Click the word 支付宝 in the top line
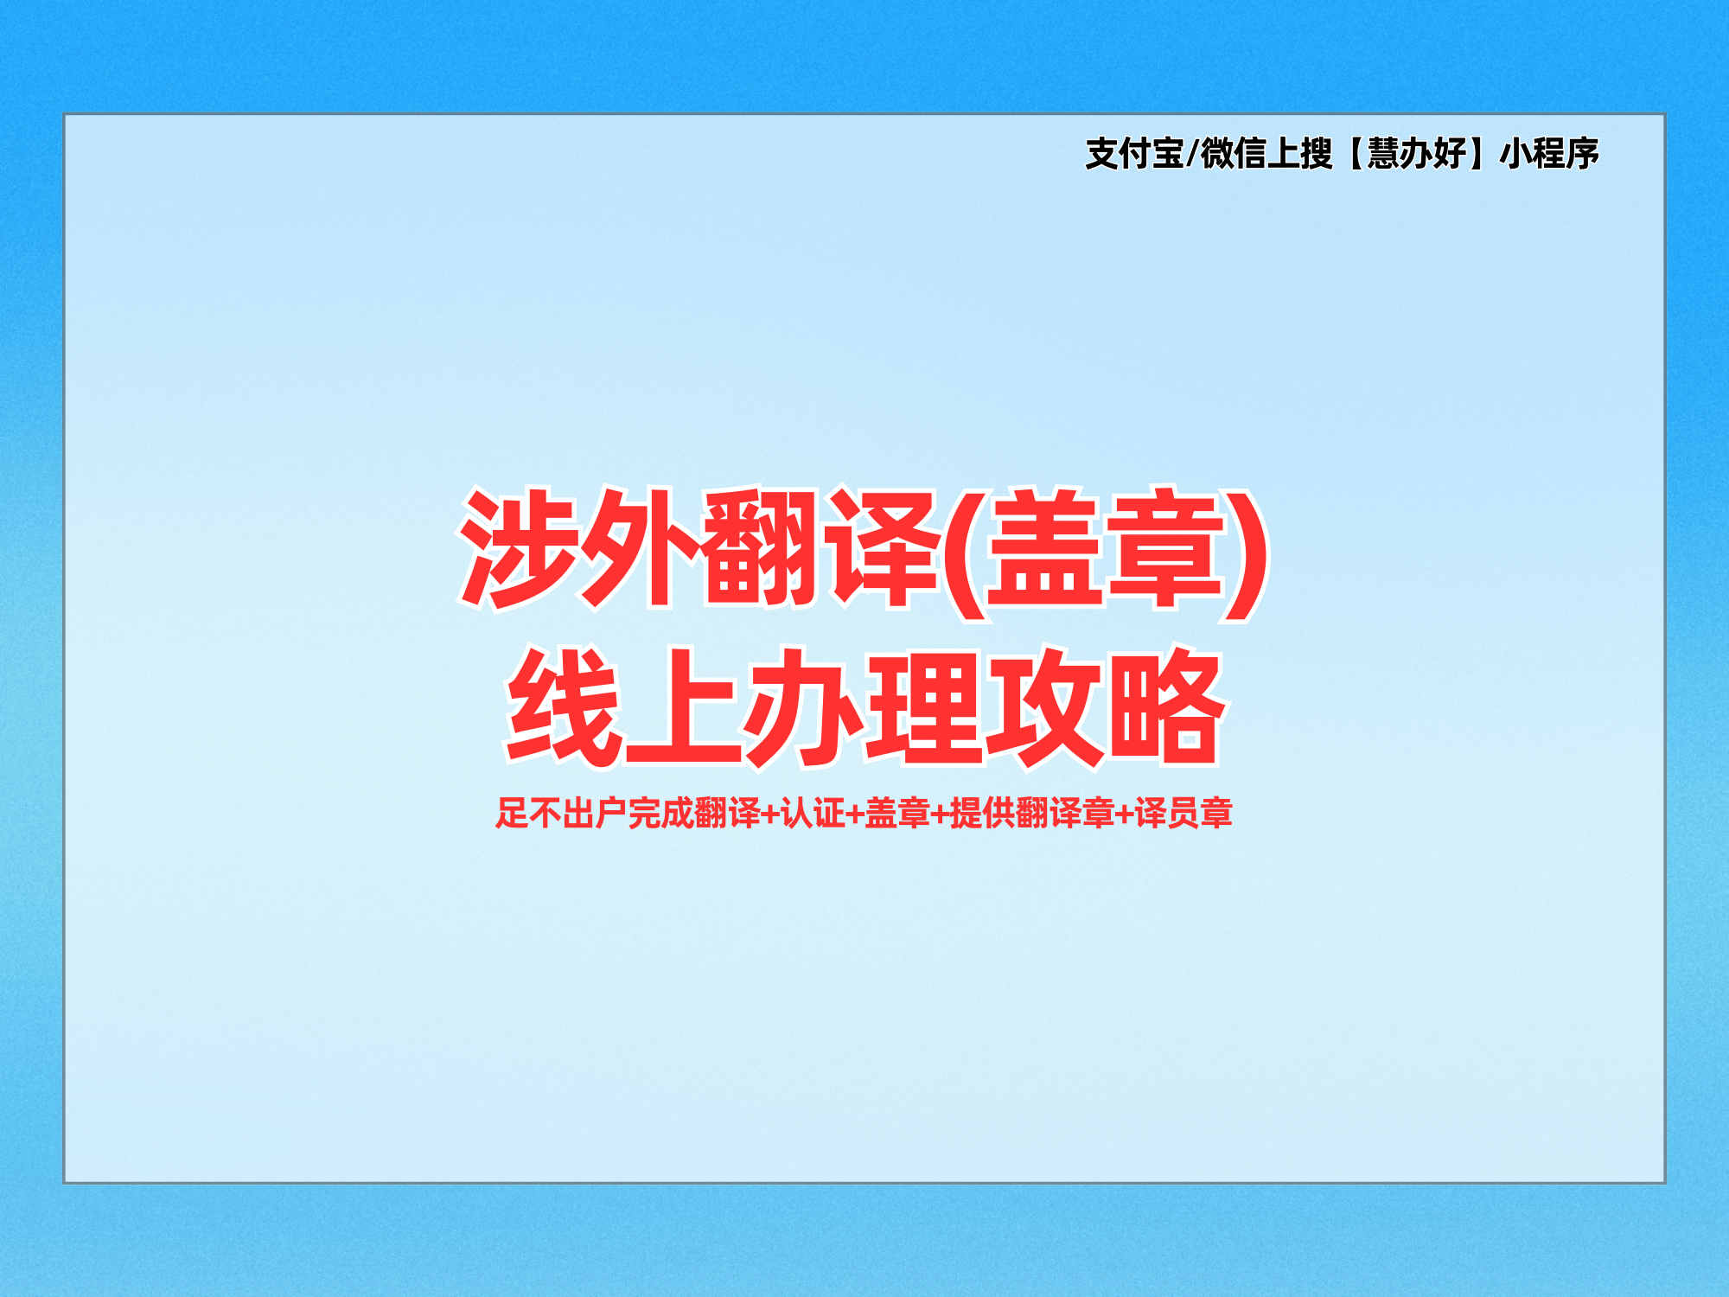(x=1135, y=154)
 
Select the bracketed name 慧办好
(x=1416, y=154)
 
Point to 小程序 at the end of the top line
(x=1549, y=154)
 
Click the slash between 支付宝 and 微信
(x=1192, y=154)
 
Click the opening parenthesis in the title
(x=965, y=553)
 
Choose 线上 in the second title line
(x=624, y=707)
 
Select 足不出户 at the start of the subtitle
(x=561, y=813)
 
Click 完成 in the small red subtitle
(x=660, y=813)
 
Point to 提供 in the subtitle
(x=982, y=813)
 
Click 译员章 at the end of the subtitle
(x=1184, y=813)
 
